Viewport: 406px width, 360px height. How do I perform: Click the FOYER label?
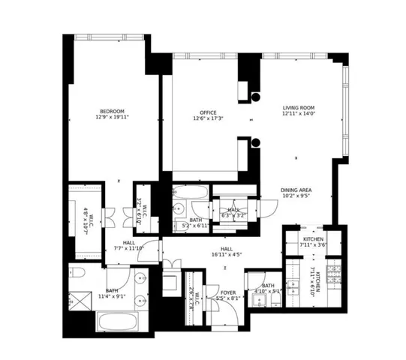pyautogui.click(x=228, y=292)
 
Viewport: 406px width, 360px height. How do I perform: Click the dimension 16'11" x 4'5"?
pyautogui.click(x=226, y=255)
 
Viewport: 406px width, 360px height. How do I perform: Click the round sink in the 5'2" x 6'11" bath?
pyautogui.click(x=179, y=209)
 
